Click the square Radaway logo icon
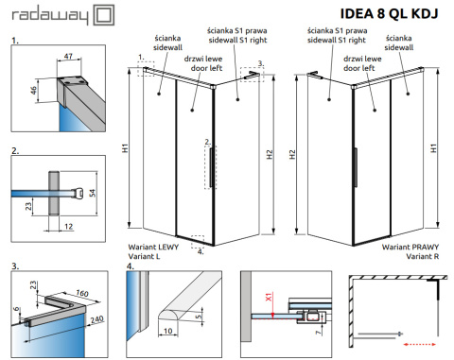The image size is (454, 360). (104, 15)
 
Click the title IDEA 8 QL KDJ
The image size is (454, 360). (389, 13)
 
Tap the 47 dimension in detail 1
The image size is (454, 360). (68, 57)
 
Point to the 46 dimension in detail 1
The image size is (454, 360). (33, 90)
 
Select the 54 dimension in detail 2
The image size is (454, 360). (92, 193)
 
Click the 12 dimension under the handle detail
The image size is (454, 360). (68, 227)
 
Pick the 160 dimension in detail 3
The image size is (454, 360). (82, 293)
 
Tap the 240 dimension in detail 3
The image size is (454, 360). (96, 319)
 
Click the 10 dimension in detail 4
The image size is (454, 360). (167, 331)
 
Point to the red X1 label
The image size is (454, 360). (269, 297)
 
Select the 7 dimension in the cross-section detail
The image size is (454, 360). (319, 332)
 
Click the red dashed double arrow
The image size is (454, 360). (419, 344)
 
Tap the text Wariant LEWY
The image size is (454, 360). (153, 247)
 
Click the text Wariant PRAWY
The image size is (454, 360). (410, 247)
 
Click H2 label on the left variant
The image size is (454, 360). (270, 154)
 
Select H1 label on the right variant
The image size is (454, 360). (433, 148)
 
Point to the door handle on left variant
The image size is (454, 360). (211, 167)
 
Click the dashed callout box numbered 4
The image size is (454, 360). (198, 242)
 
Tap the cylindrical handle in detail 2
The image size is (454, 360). (54, 193)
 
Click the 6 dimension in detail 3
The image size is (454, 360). (17, 309)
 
